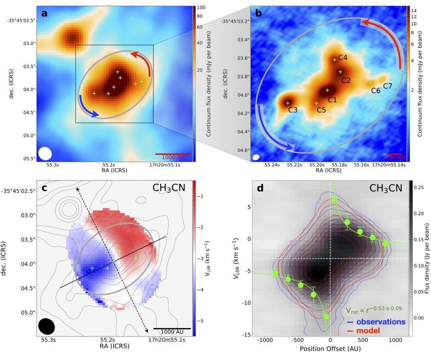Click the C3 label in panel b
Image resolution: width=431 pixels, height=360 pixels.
tap(293, 110)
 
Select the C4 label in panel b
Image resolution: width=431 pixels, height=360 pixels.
tap(343, 57)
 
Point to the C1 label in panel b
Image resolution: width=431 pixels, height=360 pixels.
tap(332, 100)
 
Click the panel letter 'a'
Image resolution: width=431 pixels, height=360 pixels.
tap(44, 13)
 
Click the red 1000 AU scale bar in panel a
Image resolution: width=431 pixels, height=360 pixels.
tap(167, 153)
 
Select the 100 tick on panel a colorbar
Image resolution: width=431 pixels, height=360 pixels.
tap(201, 8)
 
